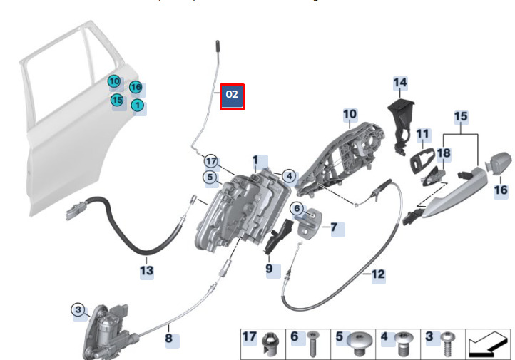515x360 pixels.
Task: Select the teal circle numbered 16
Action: (136, 88)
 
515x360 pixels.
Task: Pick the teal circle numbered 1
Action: (137, 106)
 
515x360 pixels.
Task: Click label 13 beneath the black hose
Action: (146, 270)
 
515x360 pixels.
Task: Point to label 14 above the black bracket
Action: (399, 84)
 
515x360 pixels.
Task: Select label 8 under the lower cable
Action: (169, 338)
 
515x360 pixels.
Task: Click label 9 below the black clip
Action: (270, 269)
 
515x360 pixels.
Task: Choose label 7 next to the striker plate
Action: (333, 228)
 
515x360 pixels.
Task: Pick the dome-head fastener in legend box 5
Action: (360, 346)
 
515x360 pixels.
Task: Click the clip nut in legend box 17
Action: (270, 346)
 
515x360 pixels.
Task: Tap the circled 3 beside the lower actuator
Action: (78, 309)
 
